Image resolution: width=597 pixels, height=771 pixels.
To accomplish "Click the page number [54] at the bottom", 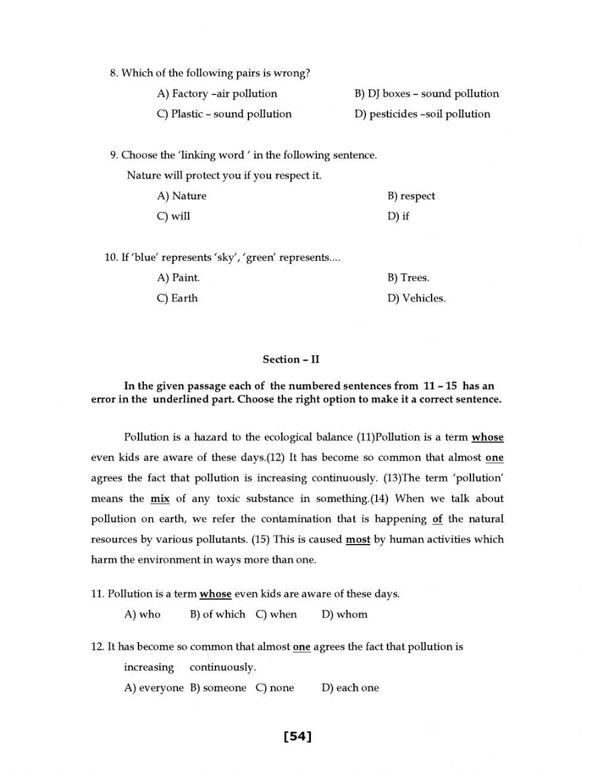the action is [298, 736].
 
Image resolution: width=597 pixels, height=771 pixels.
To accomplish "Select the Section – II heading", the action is [291, 359].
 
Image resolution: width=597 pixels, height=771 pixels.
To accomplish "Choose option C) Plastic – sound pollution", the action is [224, 114].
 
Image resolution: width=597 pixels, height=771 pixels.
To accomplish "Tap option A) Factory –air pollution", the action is [217, 94].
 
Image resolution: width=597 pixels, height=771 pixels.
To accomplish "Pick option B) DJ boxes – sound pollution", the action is [426, 94].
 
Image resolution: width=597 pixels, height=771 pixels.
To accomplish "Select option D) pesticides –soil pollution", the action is [422, 114].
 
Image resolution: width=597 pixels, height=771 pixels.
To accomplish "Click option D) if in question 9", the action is [398, 216].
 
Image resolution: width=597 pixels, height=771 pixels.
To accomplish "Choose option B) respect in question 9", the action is [411, 196].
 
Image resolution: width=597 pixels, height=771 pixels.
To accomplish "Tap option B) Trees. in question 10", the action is [408, 278].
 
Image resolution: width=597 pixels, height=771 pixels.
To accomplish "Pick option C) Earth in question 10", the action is [177, 298].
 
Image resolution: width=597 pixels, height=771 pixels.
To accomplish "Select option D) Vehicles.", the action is [416, 298].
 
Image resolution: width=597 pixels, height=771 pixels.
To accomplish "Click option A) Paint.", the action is [178, 278].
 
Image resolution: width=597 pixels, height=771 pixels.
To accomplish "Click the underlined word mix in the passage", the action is [160, 499].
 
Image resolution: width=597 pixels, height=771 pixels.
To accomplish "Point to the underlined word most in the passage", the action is [358, 539].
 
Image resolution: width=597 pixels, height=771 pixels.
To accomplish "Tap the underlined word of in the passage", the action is [437, 519].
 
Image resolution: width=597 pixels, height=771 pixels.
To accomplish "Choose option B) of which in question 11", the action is [217, 614].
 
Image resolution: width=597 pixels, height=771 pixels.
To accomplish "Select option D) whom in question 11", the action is [344, 614].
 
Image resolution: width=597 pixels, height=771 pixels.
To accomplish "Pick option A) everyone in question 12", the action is [153, 687].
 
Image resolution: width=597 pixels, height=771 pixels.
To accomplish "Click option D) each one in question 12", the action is [350, 687].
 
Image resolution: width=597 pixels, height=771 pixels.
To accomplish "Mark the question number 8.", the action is [113, 73].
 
